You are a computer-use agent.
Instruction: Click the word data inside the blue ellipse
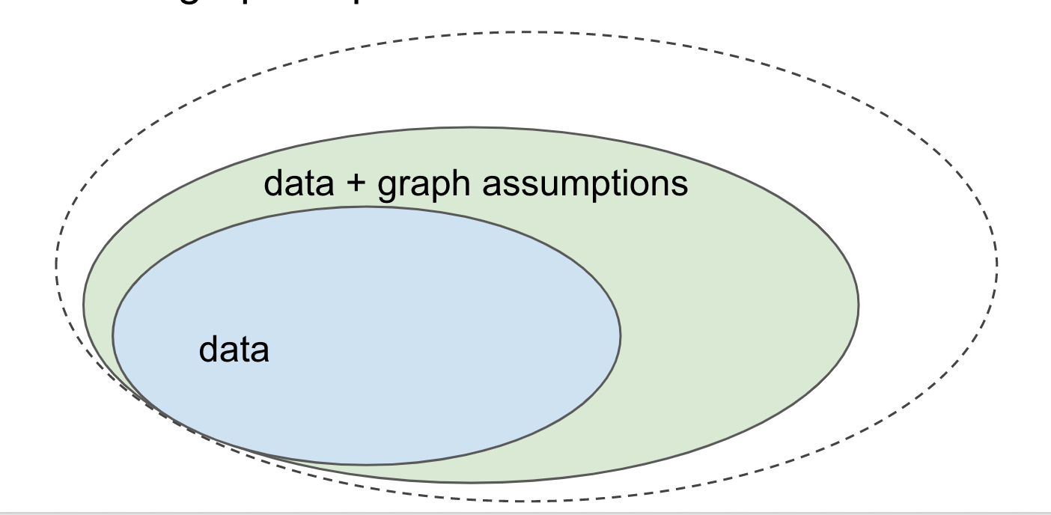[x=233, y=350]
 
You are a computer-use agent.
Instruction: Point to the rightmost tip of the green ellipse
[x=858, y=305]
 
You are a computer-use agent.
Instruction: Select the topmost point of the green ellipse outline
[x=472, y=127]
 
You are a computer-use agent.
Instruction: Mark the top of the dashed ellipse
[x=524, y=31]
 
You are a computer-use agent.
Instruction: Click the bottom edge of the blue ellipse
[x=367, y=464]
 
